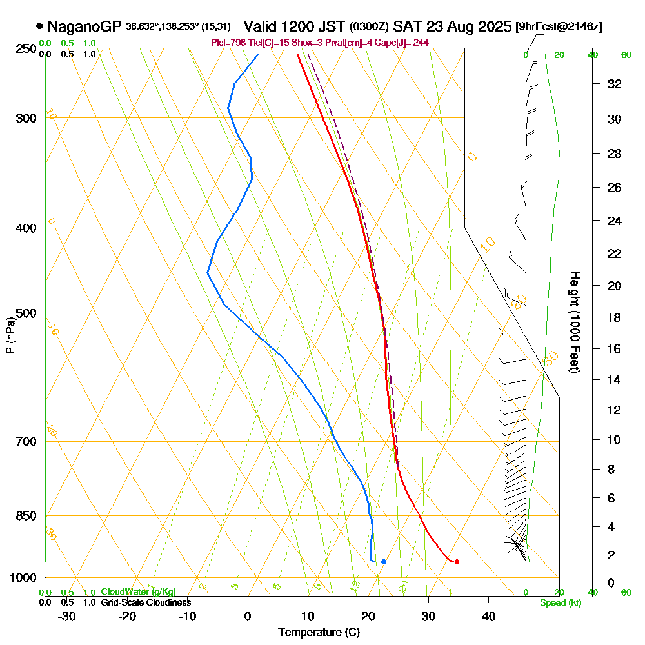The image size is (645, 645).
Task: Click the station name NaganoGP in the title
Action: [83, 27]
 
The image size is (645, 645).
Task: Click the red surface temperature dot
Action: [457, 562]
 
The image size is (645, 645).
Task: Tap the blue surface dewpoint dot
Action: [384, 562]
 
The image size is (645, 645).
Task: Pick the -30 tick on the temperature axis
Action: [67, 616]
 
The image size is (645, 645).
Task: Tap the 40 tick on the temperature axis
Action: [489, 616]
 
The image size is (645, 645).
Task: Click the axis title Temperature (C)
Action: [319, 633]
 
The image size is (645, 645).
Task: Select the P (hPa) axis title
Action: [10, 335]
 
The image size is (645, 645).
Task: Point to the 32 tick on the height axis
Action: [613, 84]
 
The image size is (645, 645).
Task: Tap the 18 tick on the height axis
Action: [613, 317]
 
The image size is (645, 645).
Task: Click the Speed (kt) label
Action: [559, 602]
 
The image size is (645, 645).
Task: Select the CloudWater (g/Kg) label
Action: [138, 592]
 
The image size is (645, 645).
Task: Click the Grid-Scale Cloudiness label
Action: [146, 602]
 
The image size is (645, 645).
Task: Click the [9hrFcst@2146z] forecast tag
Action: [559, 27]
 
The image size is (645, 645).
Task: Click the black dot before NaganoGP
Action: [40, 27]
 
